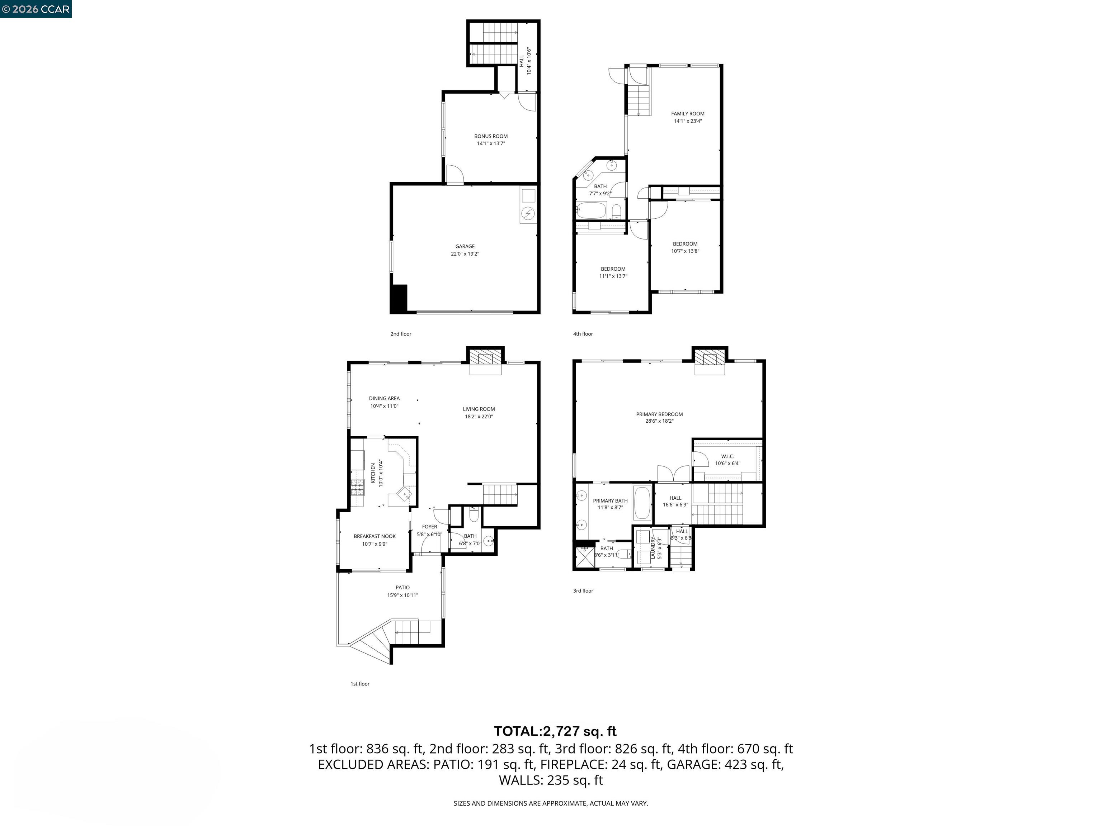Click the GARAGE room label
(x=465, y=246)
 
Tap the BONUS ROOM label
(x=491, y=136)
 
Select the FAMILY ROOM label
(x=688, y=114)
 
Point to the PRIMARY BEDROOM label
(x=659, y=414)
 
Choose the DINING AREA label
(x=384, y=398)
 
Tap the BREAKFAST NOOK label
(x=375, y=536)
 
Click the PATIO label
(x=402, y=588)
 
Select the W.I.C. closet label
(x=727, y=456)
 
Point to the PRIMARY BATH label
(x=610, y=501)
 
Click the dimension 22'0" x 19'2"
(x=465, y=254)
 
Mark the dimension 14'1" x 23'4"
(x=688, y=121)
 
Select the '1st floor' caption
(x=360, y=684)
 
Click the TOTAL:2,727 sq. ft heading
(x=555, y=731)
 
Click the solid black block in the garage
(x=399, y=299)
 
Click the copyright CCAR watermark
(x=36, y=9)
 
